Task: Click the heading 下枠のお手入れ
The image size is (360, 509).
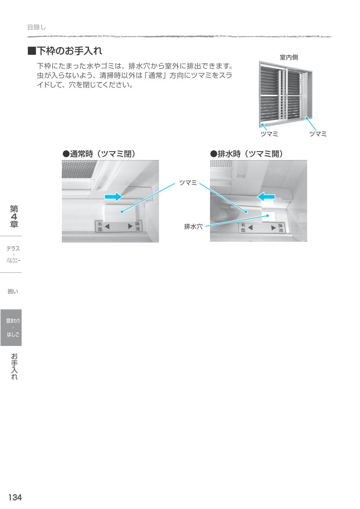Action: pyautogui.click(x=69, y=51)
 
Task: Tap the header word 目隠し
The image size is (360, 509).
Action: pyautogui.click(x=36, y=27)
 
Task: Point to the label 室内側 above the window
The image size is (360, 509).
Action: pyautogui.click(x=289, y=57)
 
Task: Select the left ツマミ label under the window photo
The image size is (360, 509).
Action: pyautogui.click(x=269, y=134)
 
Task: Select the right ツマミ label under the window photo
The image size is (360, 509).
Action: pyautogui.click(x=318, y=134)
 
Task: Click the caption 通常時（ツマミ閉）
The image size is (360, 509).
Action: pyautogui.click(x=99, y=154)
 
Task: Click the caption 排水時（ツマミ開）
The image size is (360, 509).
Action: pyautogui.click(x=246, y=154)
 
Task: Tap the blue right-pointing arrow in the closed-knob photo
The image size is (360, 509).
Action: pyautogui.click(x=114, y=196)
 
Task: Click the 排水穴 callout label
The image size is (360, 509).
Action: pyautogui.click(x=193, y=226)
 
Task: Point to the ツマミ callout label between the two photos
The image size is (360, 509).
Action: pyautogui.click(x=188, y=183)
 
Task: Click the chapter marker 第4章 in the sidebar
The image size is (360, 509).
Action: pyautogui.click(x=14, y=216)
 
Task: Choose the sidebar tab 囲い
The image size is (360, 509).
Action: pyautogui.click(x=13, y=291)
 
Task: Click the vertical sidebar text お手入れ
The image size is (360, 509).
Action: pyautogui.click(x=14, y=367)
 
